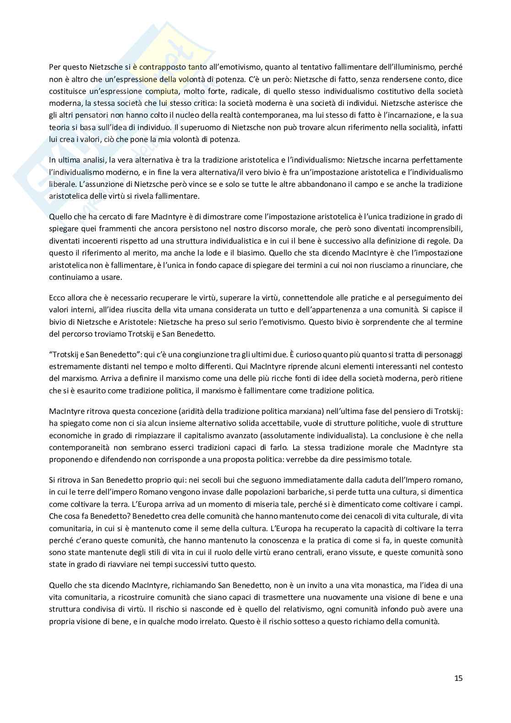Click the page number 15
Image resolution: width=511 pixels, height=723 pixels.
coord(458,678)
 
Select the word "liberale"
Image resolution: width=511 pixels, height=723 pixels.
coord(62,184)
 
